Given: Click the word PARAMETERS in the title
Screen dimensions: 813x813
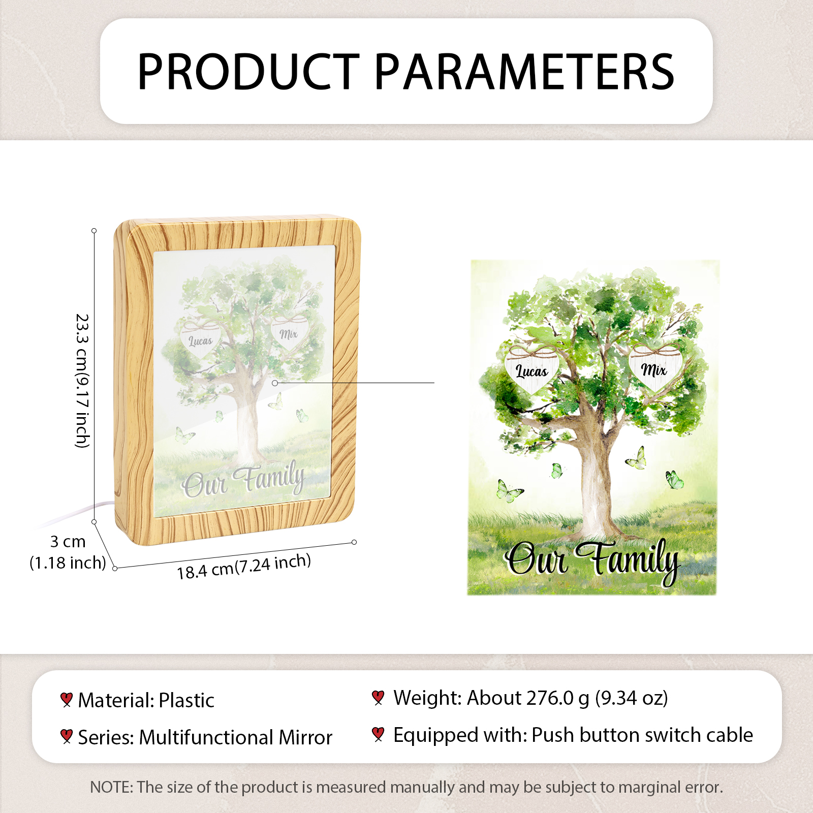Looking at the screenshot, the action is click(525, 72).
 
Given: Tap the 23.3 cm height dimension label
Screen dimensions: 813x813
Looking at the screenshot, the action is click(82, 381).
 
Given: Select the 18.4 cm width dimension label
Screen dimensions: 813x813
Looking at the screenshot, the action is click(244, 566).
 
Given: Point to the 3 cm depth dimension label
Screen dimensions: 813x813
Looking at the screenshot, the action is click(68, 552).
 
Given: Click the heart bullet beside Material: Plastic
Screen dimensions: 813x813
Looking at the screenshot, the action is click(66, 700).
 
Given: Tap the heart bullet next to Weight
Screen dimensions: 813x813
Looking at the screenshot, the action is click(378, 698).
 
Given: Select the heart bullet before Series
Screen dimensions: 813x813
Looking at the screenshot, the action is click(66, 736).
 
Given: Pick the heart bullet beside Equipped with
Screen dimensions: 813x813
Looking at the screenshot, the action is click(378, 734).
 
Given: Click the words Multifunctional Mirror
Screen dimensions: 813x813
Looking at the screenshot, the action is click(236, 737).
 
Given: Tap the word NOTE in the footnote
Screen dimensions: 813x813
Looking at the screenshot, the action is click(110, 787).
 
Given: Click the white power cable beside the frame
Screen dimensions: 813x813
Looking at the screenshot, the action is click(76, 514).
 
